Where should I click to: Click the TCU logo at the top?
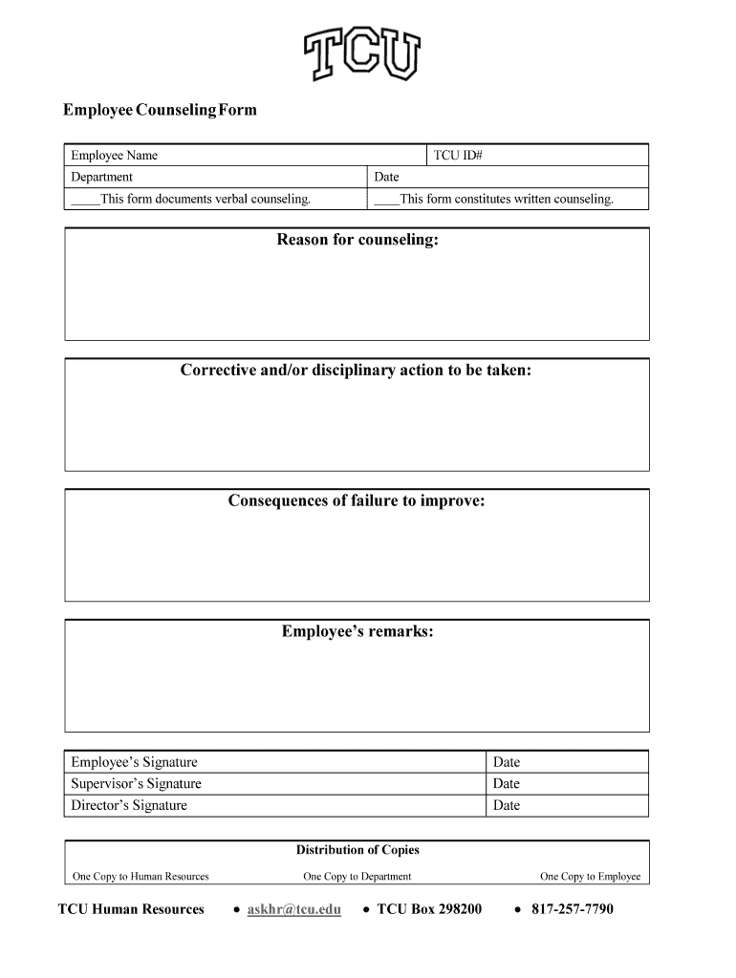361,53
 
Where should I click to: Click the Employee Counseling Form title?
160,111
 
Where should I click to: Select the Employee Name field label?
115,156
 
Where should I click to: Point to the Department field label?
102,177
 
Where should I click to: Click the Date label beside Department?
386,177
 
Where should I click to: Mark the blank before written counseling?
386,200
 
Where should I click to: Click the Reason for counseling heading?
357,240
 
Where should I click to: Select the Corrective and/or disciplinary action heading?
356,371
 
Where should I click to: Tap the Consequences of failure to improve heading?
357,501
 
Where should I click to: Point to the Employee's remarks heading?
357,631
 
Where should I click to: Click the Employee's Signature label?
135,762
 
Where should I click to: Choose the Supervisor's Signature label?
137,784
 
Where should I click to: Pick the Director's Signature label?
129,805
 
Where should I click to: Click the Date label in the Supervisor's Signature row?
507,784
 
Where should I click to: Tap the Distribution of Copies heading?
357,850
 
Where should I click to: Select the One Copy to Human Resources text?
141,877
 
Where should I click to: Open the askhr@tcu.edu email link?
293,909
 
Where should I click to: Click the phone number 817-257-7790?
573,909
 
